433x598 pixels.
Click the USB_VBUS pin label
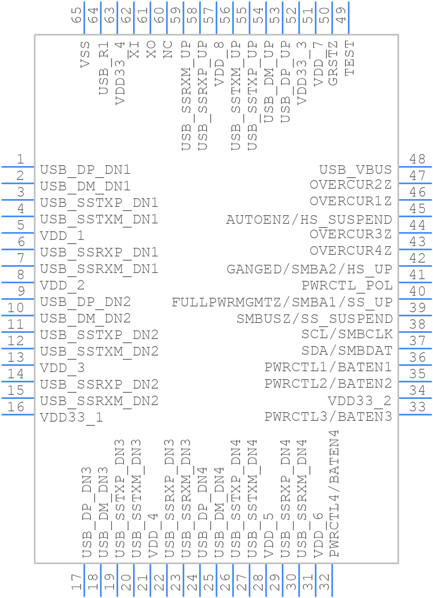point(355,170)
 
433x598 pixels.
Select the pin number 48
point(417,159)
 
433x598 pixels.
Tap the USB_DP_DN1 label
point(85,170)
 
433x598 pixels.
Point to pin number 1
point(19,159)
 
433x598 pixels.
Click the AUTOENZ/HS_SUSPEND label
point(309,219)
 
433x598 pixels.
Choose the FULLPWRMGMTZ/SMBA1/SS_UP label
point(282,302)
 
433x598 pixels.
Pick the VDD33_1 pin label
point(71,418)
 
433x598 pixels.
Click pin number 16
point(16,407)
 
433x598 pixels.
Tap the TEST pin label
point(350,58)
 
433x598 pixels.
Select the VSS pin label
point(85,54)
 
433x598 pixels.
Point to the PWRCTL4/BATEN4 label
point(334,494)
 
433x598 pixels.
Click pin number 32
point(325,583)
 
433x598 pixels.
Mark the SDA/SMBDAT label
point(347,351)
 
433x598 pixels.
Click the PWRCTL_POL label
point(347,285)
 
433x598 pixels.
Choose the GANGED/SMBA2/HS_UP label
point(309,269)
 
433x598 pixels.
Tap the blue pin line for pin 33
point(415,415)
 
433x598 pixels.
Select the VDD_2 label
point(62,285)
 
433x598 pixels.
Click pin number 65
point(77,15)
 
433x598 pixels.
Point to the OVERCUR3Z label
point(350,234)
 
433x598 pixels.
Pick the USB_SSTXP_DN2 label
point(99,335)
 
